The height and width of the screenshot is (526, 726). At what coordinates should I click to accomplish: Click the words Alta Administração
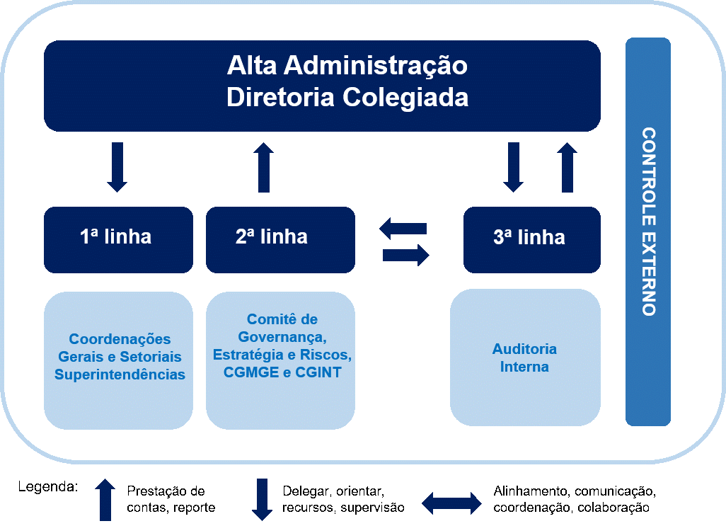coord(347,66)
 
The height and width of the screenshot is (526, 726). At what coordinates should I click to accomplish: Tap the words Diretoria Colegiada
coord(347,97)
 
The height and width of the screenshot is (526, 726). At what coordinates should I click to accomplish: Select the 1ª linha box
coord(118,239)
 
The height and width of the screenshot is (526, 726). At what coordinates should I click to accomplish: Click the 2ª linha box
coord(280,239)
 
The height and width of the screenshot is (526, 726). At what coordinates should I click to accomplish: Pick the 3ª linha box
coord(531,239)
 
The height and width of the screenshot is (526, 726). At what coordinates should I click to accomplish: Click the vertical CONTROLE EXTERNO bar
coord(647,231)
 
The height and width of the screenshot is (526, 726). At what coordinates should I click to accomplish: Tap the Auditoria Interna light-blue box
coord(525,358)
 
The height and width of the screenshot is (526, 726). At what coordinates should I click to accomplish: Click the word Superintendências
coord(120,375)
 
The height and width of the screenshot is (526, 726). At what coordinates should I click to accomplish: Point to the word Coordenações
coord(120,339)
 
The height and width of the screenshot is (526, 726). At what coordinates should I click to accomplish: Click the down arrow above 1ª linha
coord(117,167)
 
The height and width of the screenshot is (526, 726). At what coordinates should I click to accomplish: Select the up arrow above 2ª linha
coord(264,167)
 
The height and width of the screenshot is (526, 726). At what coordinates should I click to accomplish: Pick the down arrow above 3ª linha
coord(514,167)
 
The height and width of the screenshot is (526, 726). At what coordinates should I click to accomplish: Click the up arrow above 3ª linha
coord(567,167)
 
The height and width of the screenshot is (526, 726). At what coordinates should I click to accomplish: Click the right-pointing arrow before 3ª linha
coord(406,254)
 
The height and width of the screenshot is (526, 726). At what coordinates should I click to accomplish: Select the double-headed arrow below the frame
coord(451,503)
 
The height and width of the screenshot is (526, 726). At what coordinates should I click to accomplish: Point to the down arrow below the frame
coord(262,499)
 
